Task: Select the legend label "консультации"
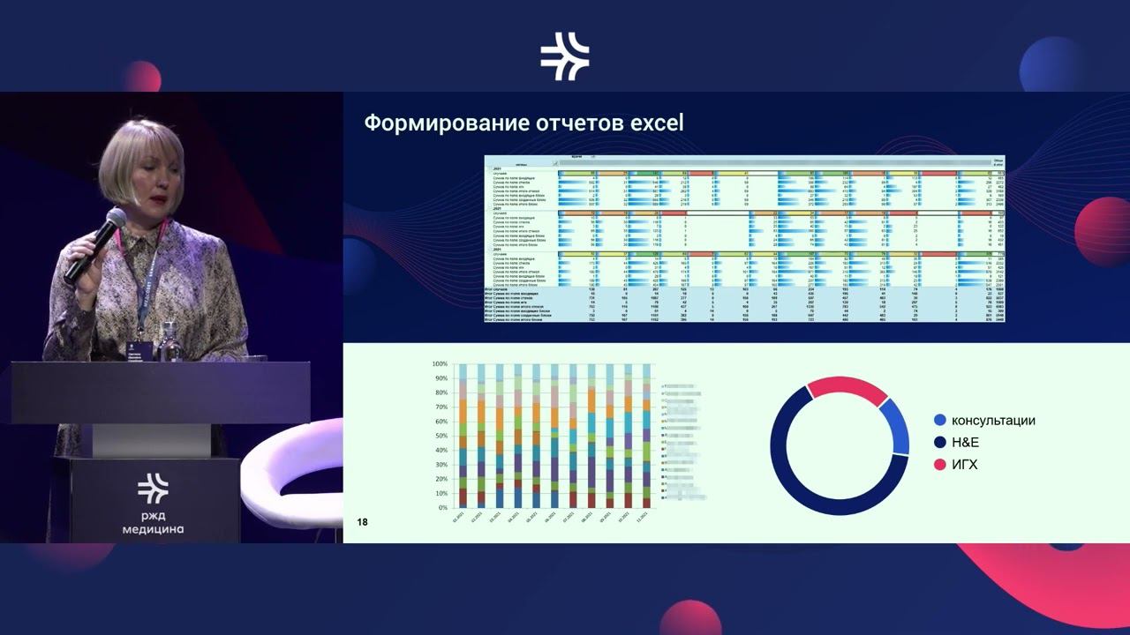coord(993,421)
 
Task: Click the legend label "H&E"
coord(965,442)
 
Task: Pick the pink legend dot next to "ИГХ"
coord(939,464)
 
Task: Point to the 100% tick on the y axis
coord(440,364)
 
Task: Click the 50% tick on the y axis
coord(441,436)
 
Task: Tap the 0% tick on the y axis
coord(443,508)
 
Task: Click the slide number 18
coord(363,522)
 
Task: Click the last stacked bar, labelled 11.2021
coord(646,436)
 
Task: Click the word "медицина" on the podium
coord(153,529)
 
